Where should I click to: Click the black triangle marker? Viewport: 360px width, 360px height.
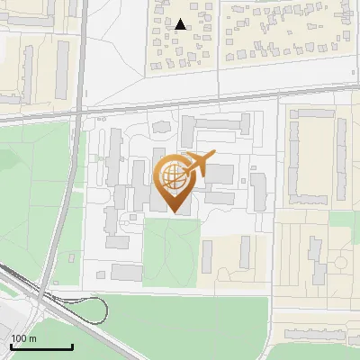tap(181, 24)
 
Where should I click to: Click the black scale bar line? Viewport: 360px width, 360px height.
tap(41, 346)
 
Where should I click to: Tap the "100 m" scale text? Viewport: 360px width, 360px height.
tap(24, 338)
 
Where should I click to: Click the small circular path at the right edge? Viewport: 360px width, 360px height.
tap(340, 263)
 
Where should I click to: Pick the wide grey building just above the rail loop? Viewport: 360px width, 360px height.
tap(127, 272)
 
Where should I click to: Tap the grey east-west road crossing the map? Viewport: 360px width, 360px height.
tap(180, 106)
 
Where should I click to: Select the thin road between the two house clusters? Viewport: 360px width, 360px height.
tap(219, 45)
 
